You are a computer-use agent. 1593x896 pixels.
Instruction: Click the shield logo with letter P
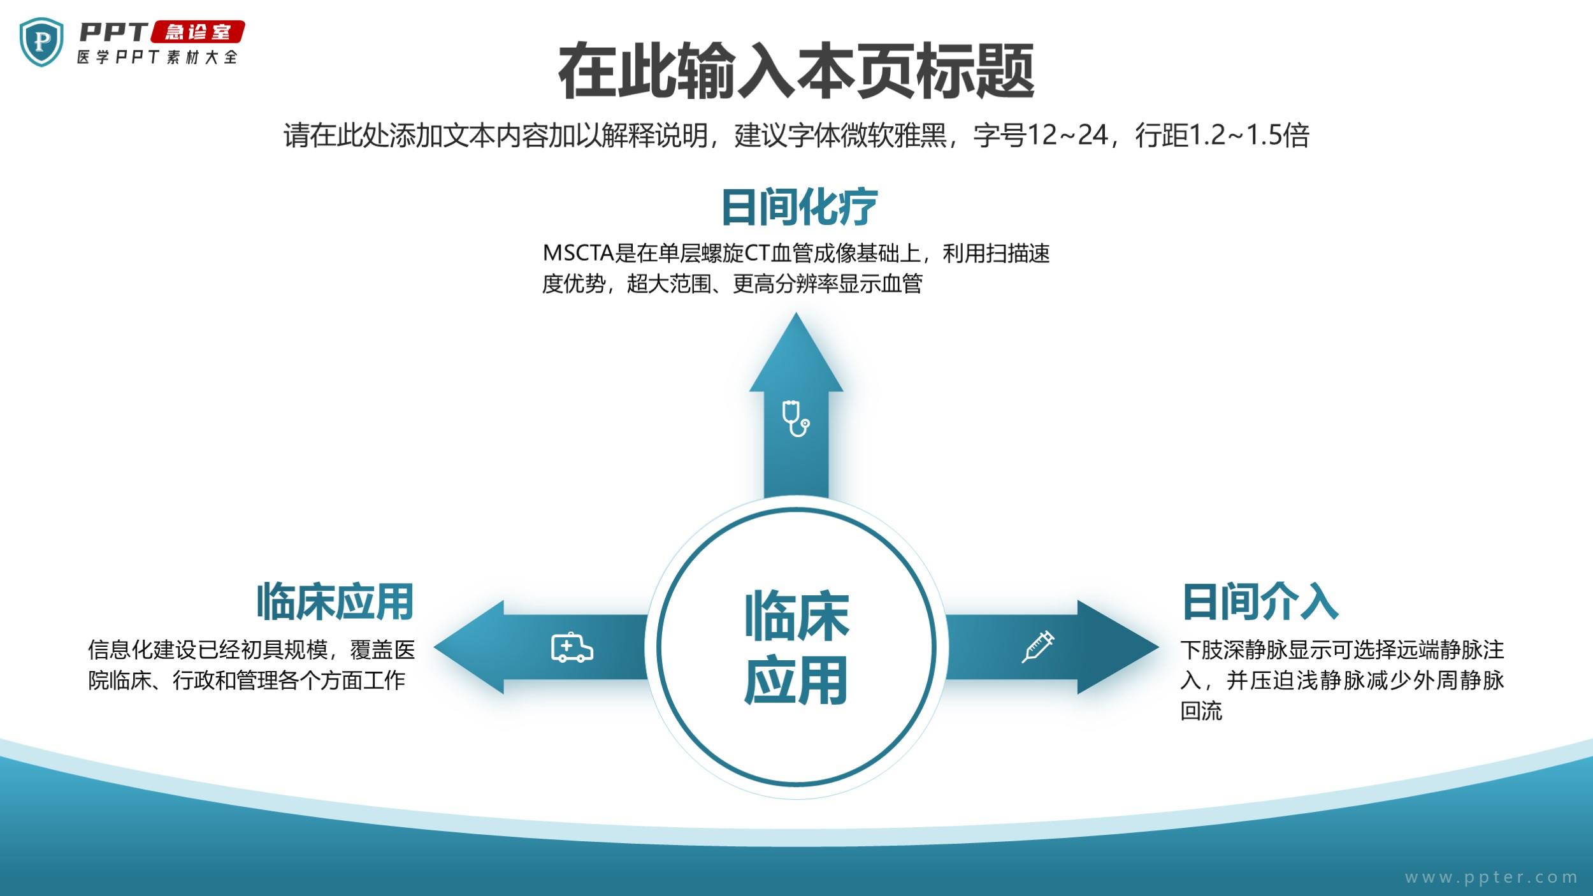(x=41, y=42)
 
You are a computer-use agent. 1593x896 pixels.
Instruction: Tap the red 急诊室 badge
(x=198, y=33)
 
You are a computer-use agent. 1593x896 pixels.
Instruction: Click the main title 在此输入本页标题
(x=796, y=71)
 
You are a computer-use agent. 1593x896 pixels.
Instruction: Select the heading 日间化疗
(x=799, y=206)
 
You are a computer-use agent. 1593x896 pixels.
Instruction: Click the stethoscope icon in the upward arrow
(x=796, y=418)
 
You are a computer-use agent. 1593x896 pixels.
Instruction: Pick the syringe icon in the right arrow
(x=1038, y=647)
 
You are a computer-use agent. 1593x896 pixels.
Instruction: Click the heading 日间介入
(x=1260, y=602)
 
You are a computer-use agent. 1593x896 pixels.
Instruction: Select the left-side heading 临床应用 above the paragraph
(x=335, y=602)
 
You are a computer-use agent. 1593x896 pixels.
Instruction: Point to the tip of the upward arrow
(x=796, y=313)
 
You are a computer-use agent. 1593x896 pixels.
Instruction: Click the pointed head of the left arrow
(x=435, y=647)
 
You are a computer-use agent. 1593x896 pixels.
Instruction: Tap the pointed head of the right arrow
(x=1158, y=647)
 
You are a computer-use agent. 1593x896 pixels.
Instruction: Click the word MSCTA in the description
(x=578, y=254)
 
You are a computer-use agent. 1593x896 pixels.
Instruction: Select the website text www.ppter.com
(x=1491, y=878)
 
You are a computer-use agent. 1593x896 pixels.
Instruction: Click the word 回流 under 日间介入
(x=1201, y=711)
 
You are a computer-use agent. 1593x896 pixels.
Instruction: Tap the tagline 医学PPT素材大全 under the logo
(x=157, y=57)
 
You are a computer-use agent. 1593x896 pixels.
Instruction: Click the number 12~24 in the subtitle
(x=1067, y=135)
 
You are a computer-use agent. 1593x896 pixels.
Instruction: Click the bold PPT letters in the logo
(x=113, y=32)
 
